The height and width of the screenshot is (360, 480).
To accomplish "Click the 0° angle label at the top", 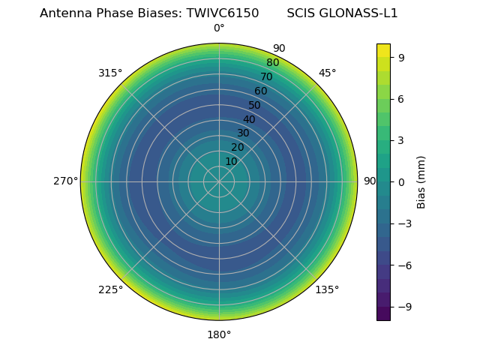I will click(219, 28).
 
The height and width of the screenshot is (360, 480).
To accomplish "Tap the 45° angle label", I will click(327, 73).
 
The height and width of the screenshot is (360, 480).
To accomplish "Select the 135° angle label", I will click(327, 289).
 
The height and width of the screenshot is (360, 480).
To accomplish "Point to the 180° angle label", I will click(219, 334).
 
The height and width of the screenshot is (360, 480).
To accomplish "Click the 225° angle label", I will click(110, 289).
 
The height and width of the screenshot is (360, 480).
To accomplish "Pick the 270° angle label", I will click(65, 181).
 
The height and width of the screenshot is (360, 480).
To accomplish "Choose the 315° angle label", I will click(110, 73).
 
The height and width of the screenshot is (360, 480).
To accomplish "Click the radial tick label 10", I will click(231, 161).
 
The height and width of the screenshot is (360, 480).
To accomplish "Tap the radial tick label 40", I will click(249, 119).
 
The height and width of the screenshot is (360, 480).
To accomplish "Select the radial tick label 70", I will click(266, 76).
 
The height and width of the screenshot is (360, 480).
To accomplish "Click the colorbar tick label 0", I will click(402, 182).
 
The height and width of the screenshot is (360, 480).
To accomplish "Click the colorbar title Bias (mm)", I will click(421, 182).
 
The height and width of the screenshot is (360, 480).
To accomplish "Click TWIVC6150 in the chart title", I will click(223, 13).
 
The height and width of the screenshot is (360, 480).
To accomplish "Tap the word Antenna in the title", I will click(63, 13).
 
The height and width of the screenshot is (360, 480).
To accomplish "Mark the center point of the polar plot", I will click(219, 181).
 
